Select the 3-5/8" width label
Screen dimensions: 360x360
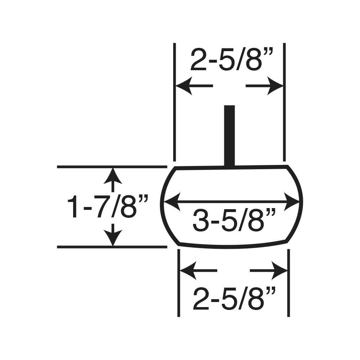[234, 220]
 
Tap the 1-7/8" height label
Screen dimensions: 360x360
[108, 207]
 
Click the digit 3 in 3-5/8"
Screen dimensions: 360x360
[200, 220]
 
